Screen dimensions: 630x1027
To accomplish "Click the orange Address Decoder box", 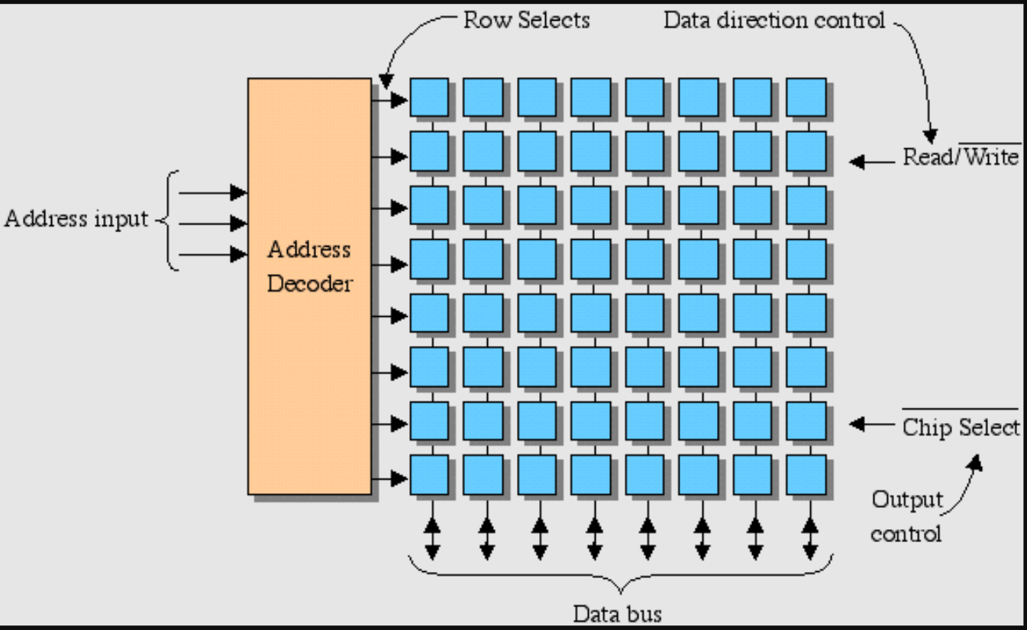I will pyautogui.click(x=309, y=286).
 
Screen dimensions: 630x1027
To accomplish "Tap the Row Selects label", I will pyautogui.click(x=527, y=20).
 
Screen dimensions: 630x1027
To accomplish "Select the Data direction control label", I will pyautogui.click(x=774, y=20).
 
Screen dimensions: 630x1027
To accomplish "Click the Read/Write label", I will pyautogui.click(x=961, y=157).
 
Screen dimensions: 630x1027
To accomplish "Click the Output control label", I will pyautogui.click(x=906, y=516).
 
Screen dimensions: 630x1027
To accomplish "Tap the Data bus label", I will pyautogui.click(x=618, y=613).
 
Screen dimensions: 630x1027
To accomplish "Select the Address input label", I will pyautogui.click(x=76, y=219).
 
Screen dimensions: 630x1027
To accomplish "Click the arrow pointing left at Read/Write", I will pyautogui.click(x=870, y=162).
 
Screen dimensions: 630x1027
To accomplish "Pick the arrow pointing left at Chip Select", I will pyautogui.click(x=870, y=423).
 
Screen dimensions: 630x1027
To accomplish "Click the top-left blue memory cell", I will pyautogui.click(x=429, y=97).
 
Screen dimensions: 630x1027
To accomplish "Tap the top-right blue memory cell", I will pyautogui.click(x=806, y=97).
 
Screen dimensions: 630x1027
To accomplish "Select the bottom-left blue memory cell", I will pyautogui.click(x=429, y=474).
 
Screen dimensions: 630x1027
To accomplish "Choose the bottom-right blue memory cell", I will pyautogui.click(x=806, y=474).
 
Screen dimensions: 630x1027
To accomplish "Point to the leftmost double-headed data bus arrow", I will pyautogui.click(x=431, y=528).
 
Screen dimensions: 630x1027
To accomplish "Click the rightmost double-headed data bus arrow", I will pyautogui.click(x=810, y=528).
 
